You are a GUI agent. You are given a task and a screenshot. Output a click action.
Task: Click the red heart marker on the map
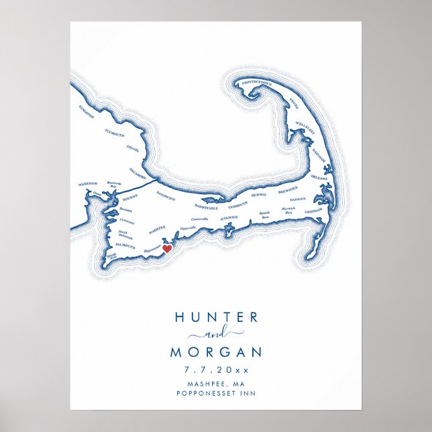click(166, 249)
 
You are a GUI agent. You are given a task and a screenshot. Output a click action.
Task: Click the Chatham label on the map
click(313, 212)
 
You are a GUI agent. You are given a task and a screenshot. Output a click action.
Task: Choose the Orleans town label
click(319, 179)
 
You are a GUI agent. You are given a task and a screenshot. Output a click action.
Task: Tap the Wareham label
click(88, 182)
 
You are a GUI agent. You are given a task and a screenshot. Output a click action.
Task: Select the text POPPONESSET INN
click(215, 393)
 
